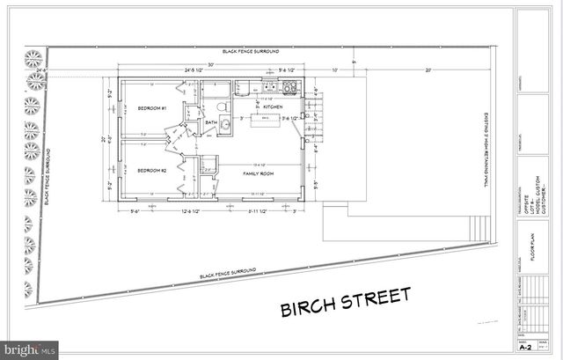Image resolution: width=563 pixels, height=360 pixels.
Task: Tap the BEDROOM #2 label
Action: point(151,171)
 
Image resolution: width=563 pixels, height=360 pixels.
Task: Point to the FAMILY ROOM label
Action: point(259,174)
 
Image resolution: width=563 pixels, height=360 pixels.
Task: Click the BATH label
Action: point(211,123)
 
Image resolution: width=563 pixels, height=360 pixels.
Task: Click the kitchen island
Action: point(264,120)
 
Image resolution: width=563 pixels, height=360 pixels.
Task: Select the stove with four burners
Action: point(289,87)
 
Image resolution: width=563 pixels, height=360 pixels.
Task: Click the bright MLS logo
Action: point(29,349)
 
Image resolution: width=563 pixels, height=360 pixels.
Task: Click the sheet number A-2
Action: point(525,348)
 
